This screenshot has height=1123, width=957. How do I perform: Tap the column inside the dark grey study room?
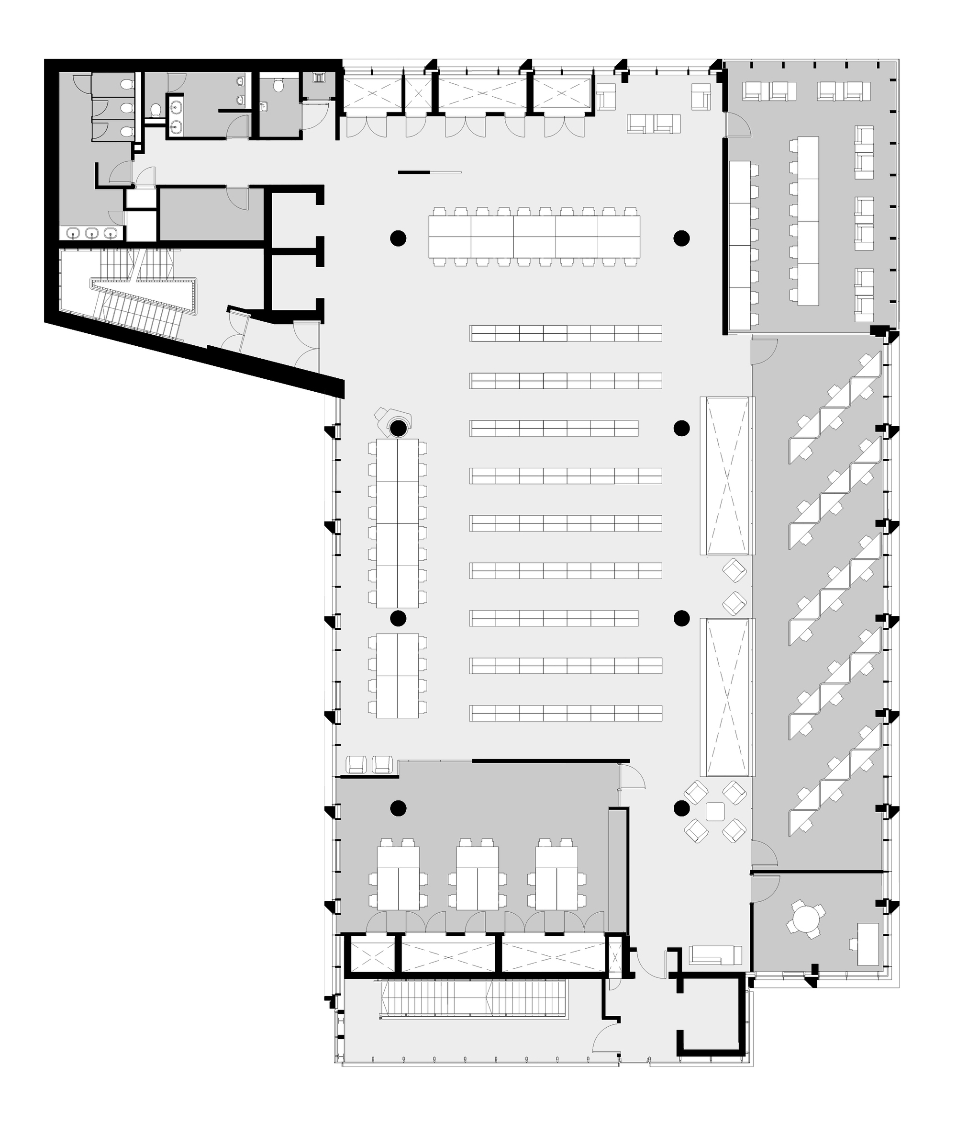tap(398, 808)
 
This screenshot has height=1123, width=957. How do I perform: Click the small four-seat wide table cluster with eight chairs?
tap(397, 675)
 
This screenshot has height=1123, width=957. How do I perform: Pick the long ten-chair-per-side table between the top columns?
tap(534, 237)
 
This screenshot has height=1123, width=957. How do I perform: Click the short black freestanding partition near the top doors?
tap(414, 173)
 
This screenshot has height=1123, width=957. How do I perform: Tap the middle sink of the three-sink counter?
tap(94, 233)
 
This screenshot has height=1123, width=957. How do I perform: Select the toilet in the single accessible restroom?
tap(279, 86)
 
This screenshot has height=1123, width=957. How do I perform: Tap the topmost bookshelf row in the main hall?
tap(566, 333)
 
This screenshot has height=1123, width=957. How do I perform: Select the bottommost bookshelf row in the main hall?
tap(566, 713)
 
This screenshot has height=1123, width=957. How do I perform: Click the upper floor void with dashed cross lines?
tap(725, 476)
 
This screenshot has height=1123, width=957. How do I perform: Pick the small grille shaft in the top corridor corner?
tap(320, 78)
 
